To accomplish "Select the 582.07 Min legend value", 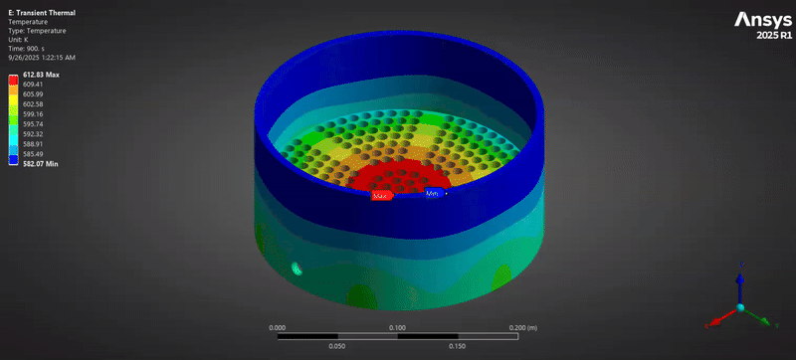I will [x=41, y=163].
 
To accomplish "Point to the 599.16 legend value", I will [x=33, y=114].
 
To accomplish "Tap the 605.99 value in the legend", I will [x=33, y=94].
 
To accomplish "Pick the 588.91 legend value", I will [x=33, y=143].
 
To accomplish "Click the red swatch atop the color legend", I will [x=12, y=79].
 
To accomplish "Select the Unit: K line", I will [x=19, y=38].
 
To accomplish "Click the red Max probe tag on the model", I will [x=380, y=196].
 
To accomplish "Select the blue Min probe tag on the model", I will [x=433, y=193].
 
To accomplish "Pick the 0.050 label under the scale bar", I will [x=337, y=346].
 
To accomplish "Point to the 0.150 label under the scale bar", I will [x=457, y=346].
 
